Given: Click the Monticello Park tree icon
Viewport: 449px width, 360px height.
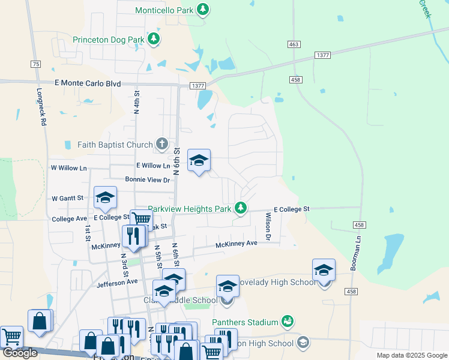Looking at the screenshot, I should (203, 9).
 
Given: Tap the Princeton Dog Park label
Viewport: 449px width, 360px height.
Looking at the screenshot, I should (109, 40).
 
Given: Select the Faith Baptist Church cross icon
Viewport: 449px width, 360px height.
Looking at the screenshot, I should (161, 143).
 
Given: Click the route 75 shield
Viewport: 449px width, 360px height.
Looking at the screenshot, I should (36, 64).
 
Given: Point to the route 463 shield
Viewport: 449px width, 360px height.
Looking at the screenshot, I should (294, 44).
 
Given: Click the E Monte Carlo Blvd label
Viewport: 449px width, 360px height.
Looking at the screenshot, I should (88, 84).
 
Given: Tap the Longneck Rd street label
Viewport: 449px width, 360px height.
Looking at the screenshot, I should (41, 107).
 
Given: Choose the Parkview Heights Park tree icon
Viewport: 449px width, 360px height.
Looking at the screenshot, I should (241, 208).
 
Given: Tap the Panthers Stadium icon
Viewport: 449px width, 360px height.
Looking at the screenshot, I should (288, 322).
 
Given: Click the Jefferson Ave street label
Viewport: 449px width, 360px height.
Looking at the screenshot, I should (117, 281).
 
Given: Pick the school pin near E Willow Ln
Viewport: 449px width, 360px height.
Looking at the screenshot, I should (199, 160).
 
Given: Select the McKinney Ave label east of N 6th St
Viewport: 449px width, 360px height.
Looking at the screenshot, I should (237, 244).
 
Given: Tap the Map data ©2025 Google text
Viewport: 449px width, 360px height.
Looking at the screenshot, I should (411, 355).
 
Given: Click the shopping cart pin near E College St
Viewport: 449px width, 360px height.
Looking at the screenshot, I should (141, 220).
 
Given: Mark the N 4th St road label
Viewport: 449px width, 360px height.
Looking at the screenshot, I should (137, 102).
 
